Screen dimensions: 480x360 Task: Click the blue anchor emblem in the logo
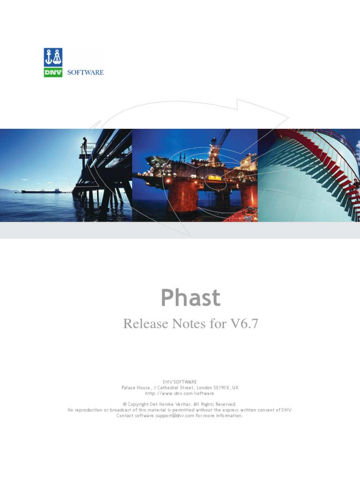pos(53,57)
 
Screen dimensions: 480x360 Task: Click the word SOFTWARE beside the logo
pos(85,72)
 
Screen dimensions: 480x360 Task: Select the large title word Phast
pos(190,298)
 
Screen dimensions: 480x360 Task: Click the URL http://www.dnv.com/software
pos(180,393)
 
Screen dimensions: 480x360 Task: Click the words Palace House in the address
pos(136,388)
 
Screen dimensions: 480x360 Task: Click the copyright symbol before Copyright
pos(125,404)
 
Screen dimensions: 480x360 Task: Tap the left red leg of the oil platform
pos(179,197)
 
